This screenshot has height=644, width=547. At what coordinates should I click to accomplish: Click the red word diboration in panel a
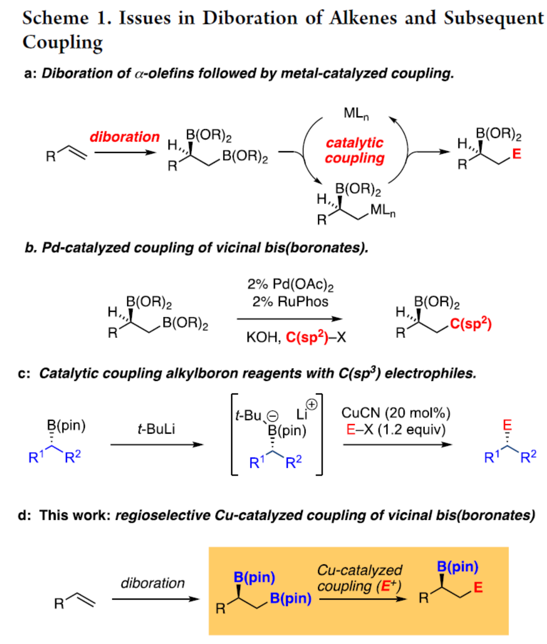click(x=124, y=137)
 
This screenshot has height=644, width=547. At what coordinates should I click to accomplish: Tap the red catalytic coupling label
click(x=354, y=150)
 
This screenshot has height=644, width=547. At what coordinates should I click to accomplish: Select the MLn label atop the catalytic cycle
click(x=356, y=114)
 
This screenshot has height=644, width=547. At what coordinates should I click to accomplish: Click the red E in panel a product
click(x=517, y=154)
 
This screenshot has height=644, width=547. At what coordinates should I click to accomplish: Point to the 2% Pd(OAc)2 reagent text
click(x=290, y=284)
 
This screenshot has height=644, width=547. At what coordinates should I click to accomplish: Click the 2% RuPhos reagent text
click(x=290, y=302)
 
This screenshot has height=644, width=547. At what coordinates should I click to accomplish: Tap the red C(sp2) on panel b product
click(x=470, y=324)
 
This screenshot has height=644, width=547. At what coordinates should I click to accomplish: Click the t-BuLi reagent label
click(x=156, y=429)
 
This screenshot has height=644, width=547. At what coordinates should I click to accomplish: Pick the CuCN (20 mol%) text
click(x=396, y=413)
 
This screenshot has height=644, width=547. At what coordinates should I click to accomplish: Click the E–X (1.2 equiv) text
click(x=396, y=430)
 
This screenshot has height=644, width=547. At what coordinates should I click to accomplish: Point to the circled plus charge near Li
click(x=311, y=404)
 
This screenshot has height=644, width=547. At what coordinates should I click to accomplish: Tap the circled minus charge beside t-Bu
click(x=273, y=417)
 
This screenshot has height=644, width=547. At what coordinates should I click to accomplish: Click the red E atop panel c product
click(x=507, y=424)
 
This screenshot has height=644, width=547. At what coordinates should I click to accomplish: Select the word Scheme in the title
click(x=55, y=18)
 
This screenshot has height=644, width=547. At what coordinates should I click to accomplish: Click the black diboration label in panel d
click(x=152, y=583)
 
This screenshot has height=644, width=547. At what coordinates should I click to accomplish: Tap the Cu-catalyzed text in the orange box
click(x=359, y=570)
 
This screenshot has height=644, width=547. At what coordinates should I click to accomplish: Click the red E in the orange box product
click(x=478, y=587)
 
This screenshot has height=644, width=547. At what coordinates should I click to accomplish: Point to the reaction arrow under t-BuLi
click(x=156, y=445)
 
